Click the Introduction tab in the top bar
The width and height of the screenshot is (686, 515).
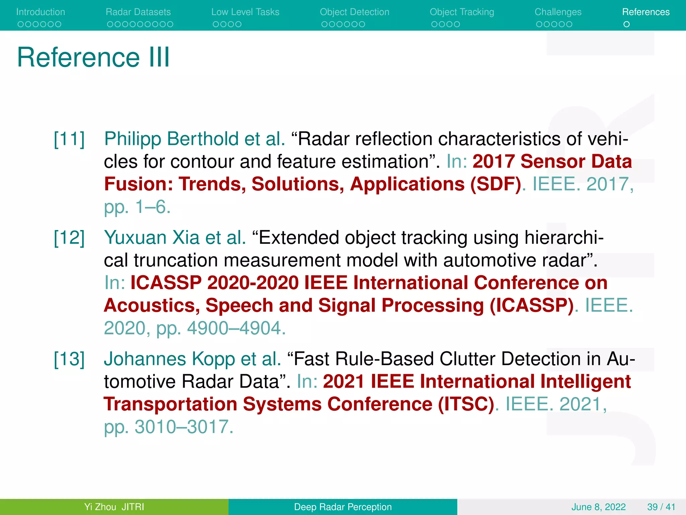(41, 12)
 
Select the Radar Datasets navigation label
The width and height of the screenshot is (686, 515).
(138, 12)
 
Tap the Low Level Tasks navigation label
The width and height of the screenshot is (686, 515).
(245, 12)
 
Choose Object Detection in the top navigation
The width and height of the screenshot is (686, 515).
(354, 12)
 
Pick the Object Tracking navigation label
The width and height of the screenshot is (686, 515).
(462, 12)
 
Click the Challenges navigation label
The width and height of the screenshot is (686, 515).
(558, 12)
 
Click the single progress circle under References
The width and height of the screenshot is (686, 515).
(626, 24)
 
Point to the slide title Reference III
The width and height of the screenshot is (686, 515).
(93, 57)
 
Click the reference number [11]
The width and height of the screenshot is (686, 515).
(69, 139)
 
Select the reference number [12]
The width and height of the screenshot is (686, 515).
(69, 238)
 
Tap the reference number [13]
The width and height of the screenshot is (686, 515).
(69, 359)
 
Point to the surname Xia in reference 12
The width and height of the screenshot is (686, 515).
(186, 238)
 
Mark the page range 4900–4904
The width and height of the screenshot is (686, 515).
(236, 328)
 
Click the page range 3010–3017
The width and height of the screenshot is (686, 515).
(184, 427)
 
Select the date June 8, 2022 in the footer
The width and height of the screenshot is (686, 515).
(598, 507)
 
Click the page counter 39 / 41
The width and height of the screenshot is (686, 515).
(661, 507)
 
